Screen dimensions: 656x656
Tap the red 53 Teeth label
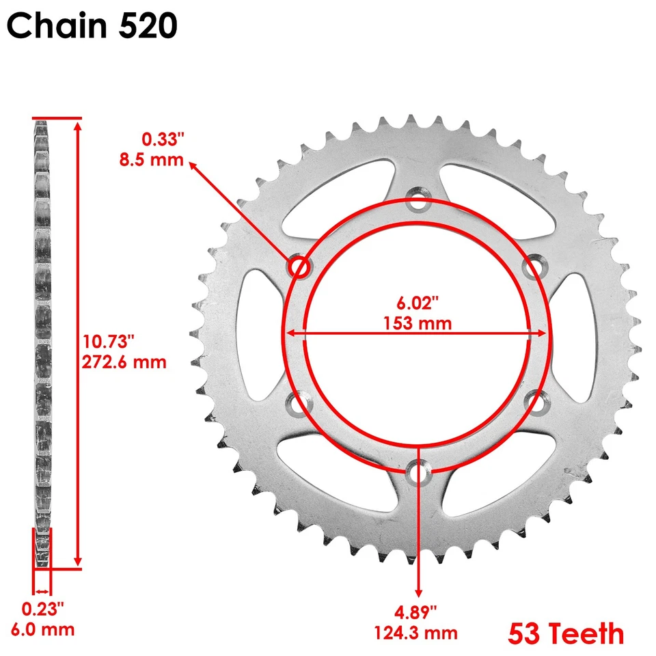click(565, 633)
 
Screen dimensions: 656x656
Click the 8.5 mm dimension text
click(152, 161)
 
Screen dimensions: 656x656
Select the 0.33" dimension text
click(163, 140)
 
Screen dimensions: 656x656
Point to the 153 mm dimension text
click(418, 323)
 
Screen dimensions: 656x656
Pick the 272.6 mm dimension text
click(124, 361)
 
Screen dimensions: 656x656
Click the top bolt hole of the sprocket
click(418, 202)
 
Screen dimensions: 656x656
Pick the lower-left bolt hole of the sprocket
click(298, 403)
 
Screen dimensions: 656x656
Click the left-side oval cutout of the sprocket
click(260, 335)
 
